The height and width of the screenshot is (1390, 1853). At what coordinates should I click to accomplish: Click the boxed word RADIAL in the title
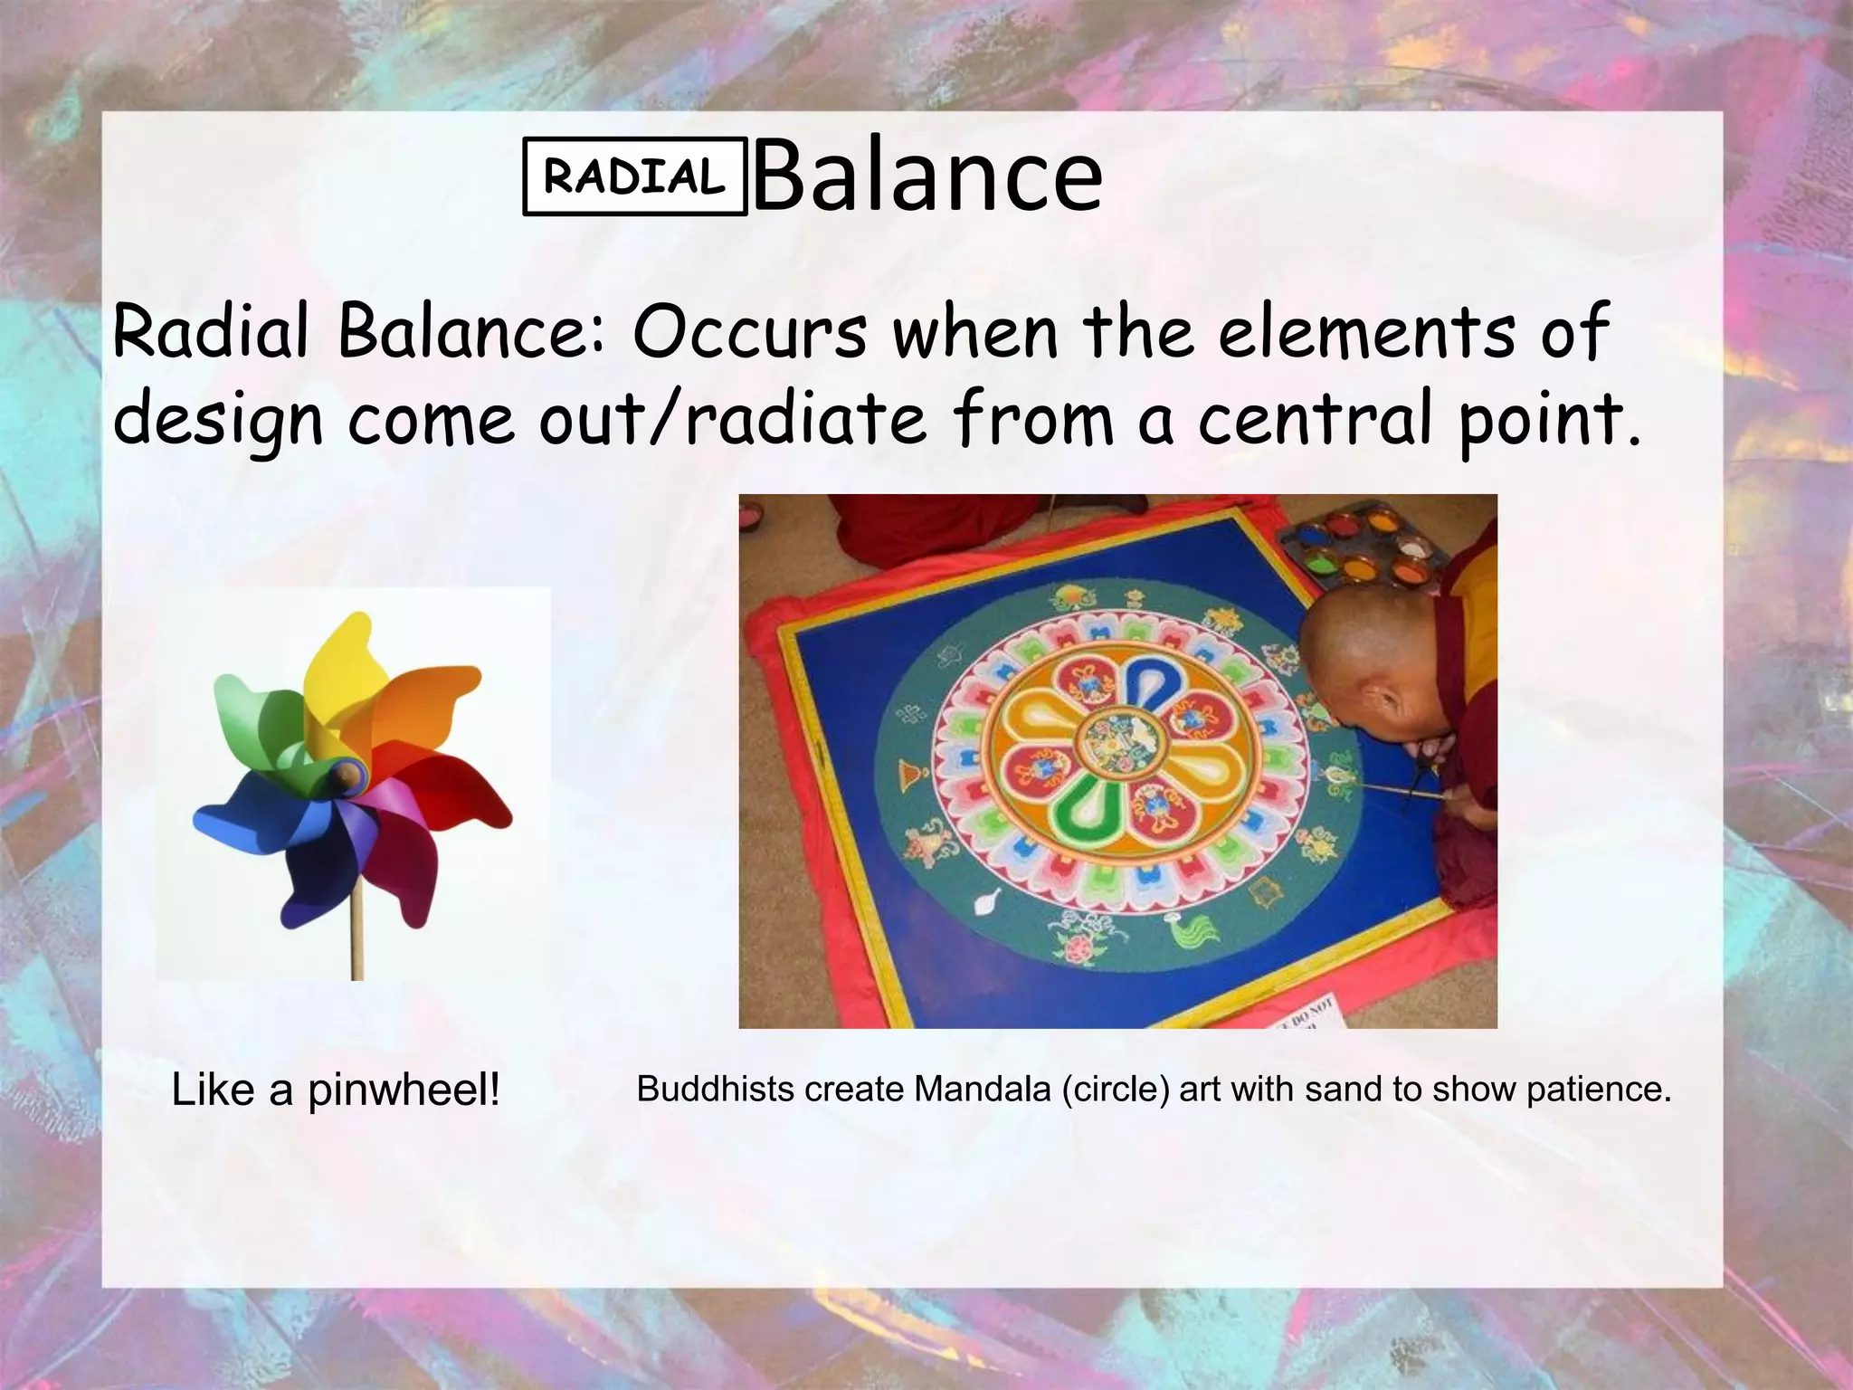click(634, 176)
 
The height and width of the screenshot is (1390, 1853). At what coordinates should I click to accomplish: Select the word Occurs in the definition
click(749, 332)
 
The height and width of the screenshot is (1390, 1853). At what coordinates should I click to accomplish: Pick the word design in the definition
click(218, 421)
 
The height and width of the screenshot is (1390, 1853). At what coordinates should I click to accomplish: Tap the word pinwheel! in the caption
click(404, 1090)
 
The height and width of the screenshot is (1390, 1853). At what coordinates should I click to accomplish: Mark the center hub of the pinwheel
click(347, 774)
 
